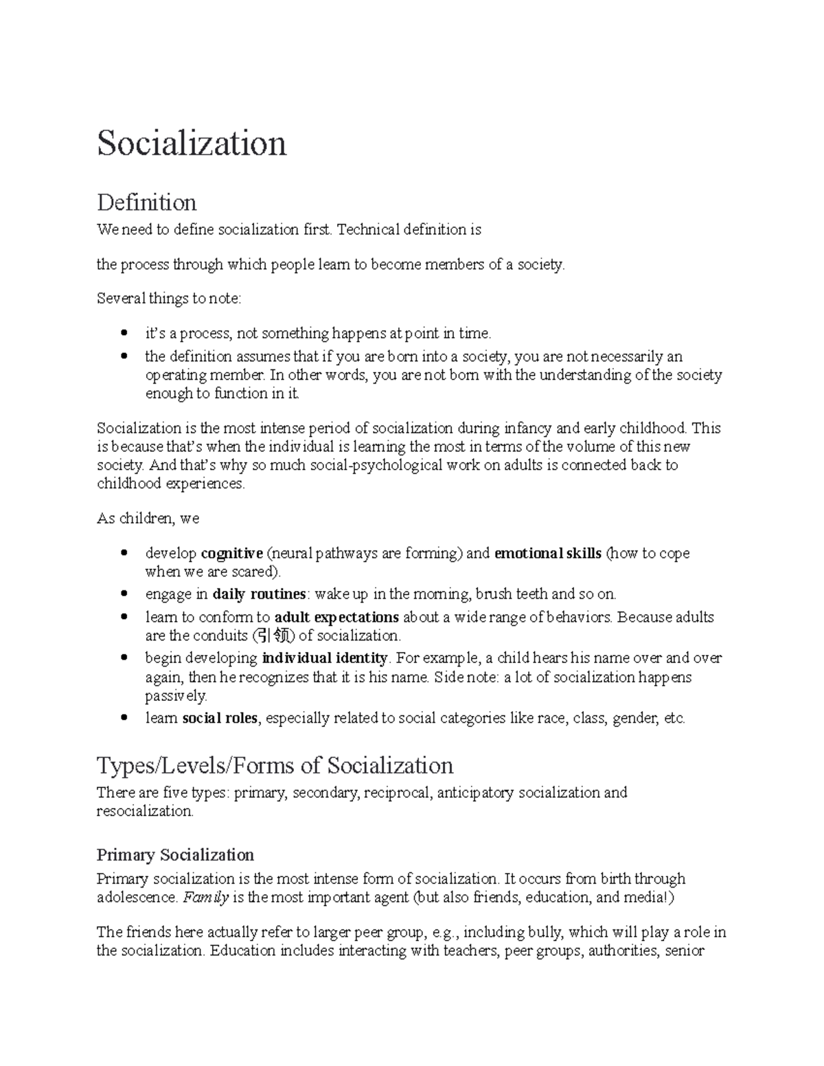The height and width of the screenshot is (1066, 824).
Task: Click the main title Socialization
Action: (192, 143)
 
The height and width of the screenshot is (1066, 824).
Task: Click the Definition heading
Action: (146, 202)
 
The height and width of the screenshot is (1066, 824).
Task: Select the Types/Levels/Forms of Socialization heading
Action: (275, 765)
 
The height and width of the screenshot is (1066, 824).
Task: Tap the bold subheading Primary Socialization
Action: (175, 855)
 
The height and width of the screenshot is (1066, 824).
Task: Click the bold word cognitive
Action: (231, 553)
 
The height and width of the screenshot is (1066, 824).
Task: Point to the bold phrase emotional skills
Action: (548, 553)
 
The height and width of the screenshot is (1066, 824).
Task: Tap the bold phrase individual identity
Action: (325, 658)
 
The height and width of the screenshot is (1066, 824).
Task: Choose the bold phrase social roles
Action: (220, 719)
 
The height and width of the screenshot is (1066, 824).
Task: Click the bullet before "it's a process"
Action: (124, 334)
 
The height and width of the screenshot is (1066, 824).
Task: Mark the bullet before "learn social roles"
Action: (124, 719)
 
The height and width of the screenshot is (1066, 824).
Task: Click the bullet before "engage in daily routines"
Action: (124, 594)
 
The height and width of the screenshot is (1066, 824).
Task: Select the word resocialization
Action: (145, 811)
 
